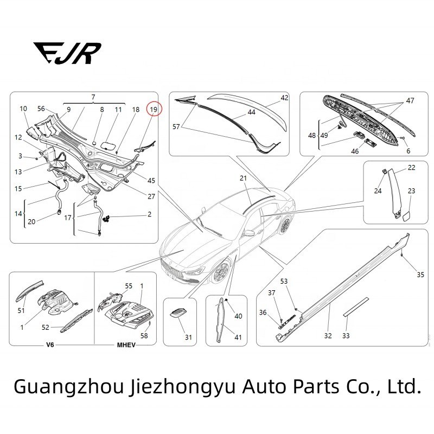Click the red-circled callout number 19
tap(154, 110)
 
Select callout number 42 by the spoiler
tap(284, 98)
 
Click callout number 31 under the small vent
tap(188, 337)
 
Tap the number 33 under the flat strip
tap(346, 336)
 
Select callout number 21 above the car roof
tap(243, 178)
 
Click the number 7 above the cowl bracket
tap(93, 97)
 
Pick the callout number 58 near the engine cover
tap(144, 336)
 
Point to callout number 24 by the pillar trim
tap(378, 190)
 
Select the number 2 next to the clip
tap(149, 214)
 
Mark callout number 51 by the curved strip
tap(21, 311)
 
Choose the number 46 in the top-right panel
tap(355, 152)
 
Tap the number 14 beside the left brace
tap(16, 213)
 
